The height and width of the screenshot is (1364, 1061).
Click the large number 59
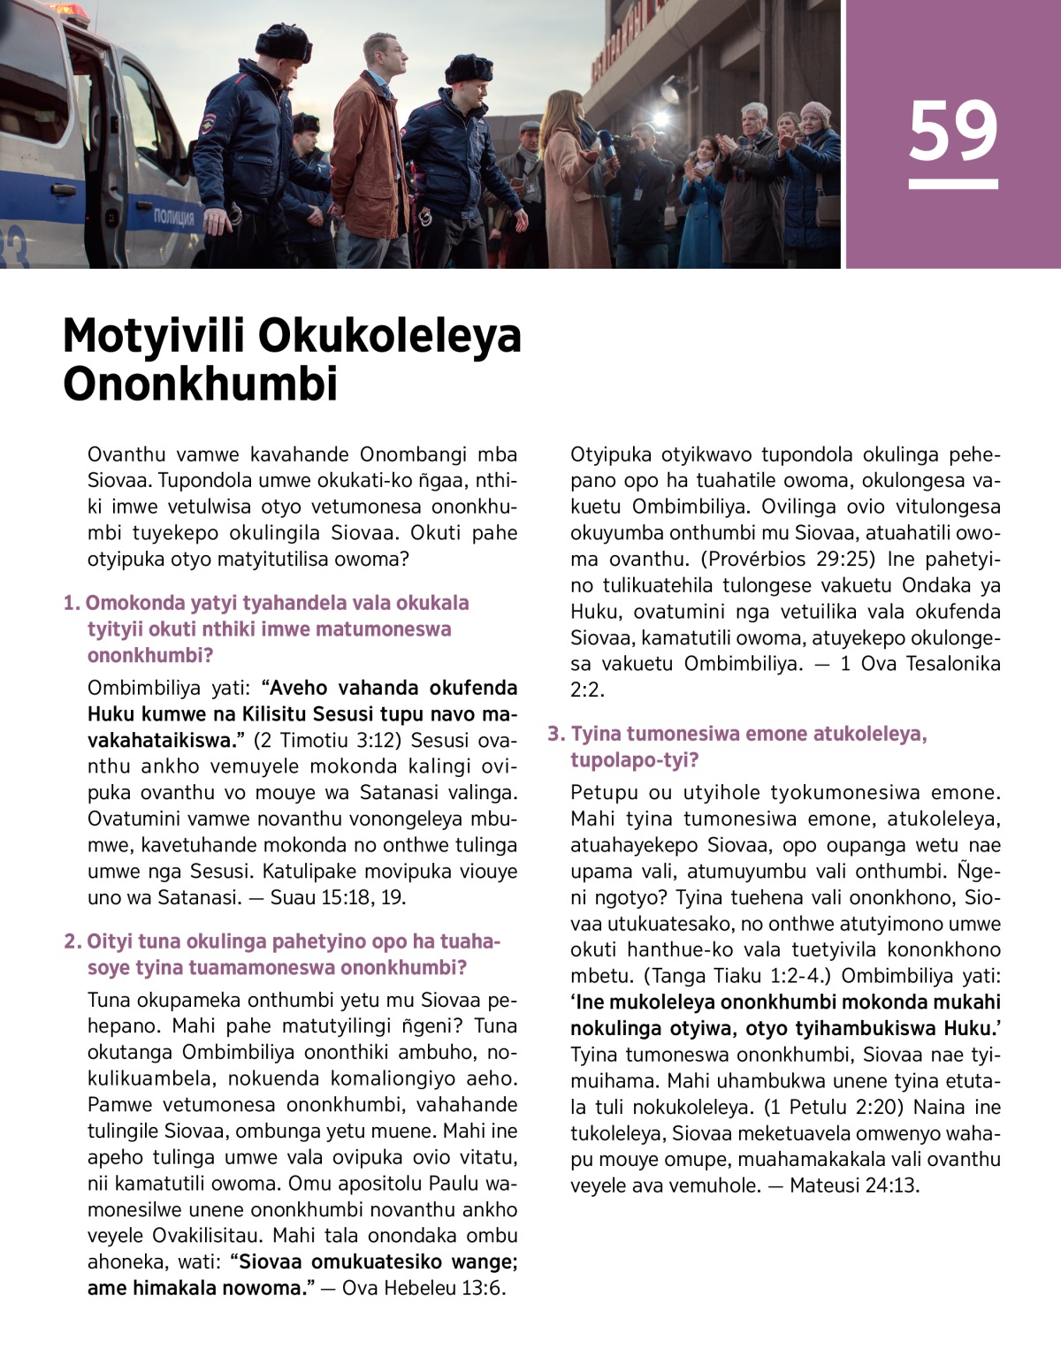point(952,130)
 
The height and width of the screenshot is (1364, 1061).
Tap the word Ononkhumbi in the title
point(201,384)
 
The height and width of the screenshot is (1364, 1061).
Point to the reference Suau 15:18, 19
point(338,897)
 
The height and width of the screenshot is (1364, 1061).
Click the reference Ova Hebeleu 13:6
point(424,1288)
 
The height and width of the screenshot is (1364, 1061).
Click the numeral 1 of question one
point(70,604)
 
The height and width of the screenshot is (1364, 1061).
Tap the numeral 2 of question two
point(71,941)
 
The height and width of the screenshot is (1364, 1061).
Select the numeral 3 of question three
point(554,735)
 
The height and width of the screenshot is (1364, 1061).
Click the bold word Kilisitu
point(259,714)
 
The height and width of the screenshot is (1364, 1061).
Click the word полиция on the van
point(173,217)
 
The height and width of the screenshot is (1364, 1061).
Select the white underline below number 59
point(952,184)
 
